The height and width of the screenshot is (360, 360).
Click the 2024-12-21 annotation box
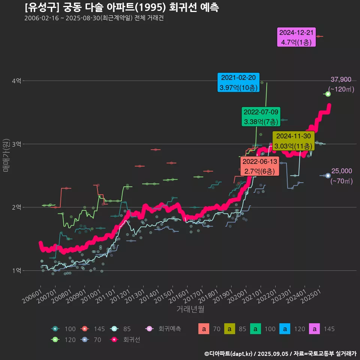click(296, 37)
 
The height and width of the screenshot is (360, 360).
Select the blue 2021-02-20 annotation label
click(238, 82)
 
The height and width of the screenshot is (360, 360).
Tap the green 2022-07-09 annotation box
click(261, 117)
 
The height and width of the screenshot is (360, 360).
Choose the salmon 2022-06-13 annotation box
click(260, 166)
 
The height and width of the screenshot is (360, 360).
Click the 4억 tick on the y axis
click(16, 81)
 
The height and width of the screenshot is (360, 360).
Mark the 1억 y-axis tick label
click(16, 271)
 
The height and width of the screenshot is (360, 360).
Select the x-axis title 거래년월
click(190, 309)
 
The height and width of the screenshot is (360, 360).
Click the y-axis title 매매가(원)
click(6, 155)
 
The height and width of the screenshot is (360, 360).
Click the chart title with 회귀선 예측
click(121, 7)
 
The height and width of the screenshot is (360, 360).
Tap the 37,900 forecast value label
click(341, 79)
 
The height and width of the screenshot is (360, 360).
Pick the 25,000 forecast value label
click(341, 171)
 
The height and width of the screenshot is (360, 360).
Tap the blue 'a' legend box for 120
click(285, 329)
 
